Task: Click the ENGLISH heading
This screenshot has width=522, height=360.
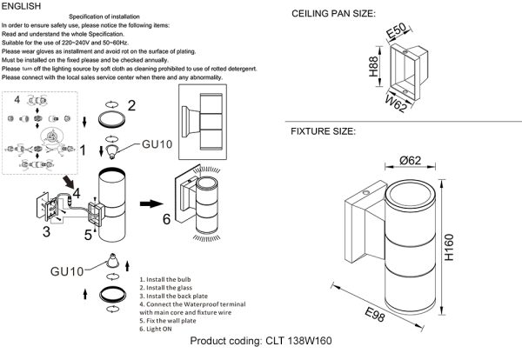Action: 21,6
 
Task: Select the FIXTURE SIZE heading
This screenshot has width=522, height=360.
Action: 323,132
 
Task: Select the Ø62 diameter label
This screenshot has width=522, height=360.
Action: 413,159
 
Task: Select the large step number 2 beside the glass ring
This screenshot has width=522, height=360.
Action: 133,106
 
